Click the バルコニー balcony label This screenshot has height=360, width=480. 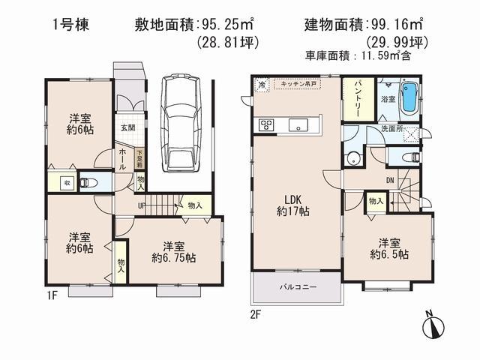[x=298, y=287]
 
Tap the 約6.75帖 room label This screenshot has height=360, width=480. [x=173, y=252]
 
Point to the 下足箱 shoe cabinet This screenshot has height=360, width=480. [x=139, y=158]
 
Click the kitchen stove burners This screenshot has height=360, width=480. [x=267, y=124]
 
